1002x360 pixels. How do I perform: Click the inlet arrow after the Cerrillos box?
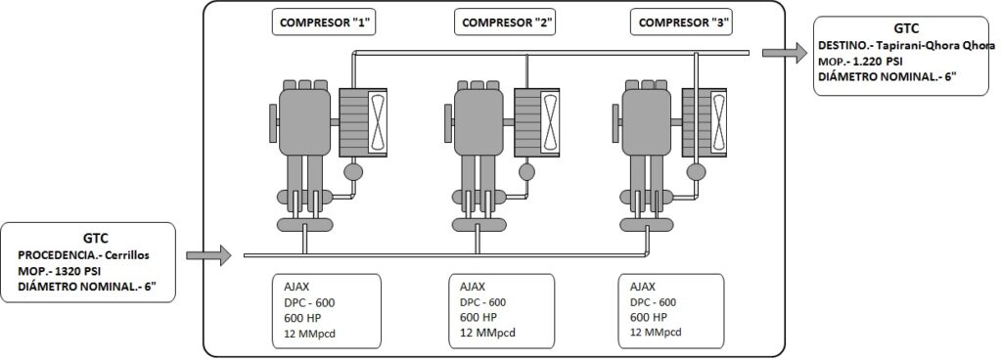(208, 255)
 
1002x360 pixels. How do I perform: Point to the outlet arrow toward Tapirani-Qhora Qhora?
(785, 53)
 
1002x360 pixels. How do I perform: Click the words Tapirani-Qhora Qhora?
(942, 46)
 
